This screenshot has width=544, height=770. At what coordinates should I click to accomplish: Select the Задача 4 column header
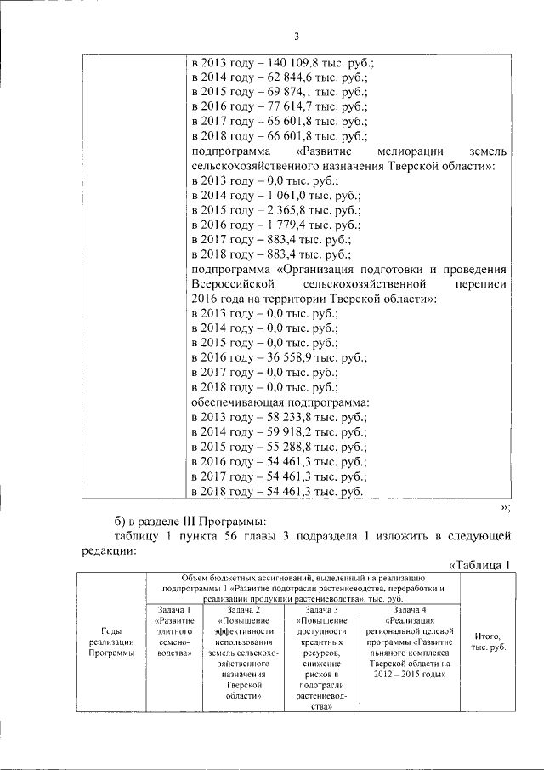click(411, 611)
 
